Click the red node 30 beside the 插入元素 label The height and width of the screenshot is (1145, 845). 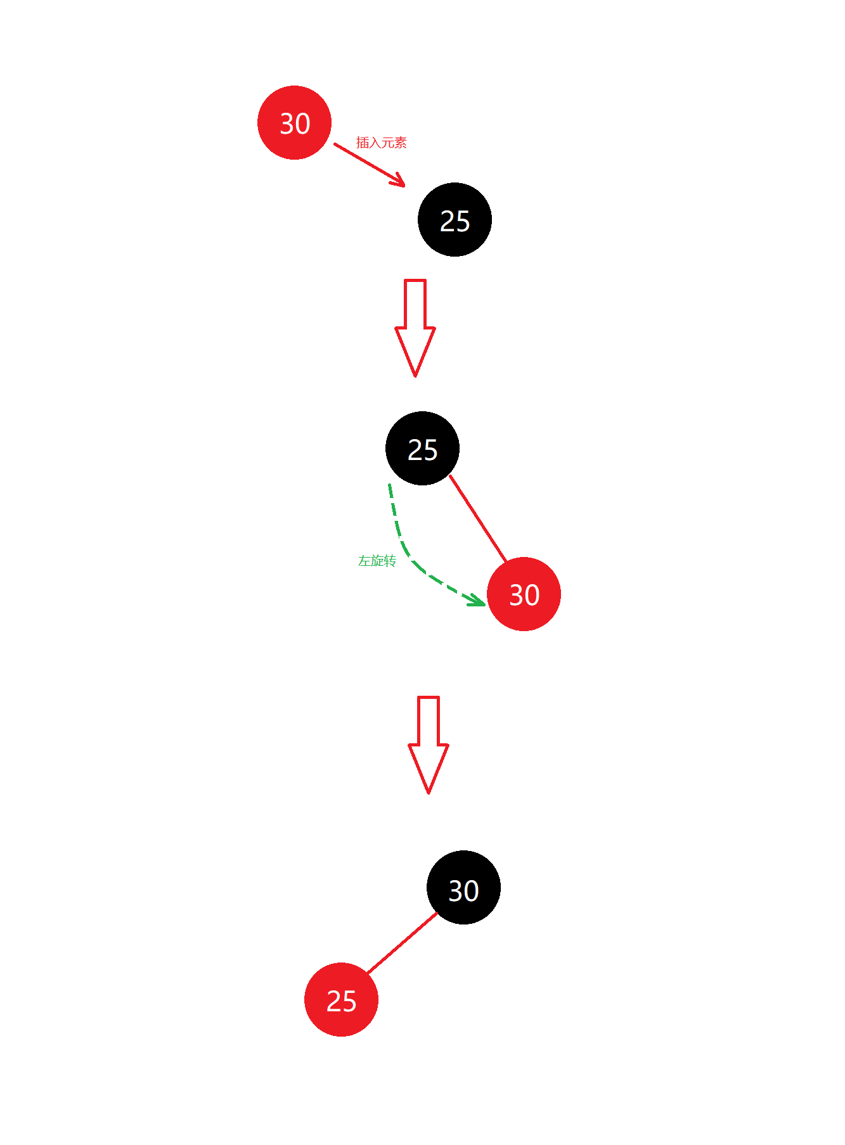click(294, 122)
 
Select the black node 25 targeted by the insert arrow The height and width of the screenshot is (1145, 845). click(455, 219)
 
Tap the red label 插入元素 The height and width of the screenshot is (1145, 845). click(381, 143)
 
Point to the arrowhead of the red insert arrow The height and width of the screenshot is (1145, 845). click(401, 183)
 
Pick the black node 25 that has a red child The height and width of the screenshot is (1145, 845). click(422, 448)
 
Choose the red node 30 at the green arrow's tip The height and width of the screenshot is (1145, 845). click(524, 594)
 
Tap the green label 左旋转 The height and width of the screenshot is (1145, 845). click(377, 561)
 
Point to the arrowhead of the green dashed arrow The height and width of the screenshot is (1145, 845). click(479, 601)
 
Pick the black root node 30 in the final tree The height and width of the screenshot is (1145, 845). click(463, 887)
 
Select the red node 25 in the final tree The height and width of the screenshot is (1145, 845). click(341, 999)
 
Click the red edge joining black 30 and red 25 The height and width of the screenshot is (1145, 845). click(403, 942)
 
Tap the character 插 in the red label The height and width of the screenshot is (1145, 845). click(362, 143)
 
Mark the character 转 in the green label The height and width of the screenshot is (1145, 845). click(390, 561)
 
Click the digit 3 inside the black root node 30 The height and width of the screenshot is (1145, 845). click(456, 891)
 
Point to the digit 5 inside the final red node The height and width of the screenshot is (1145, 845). click(349, 1001)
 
